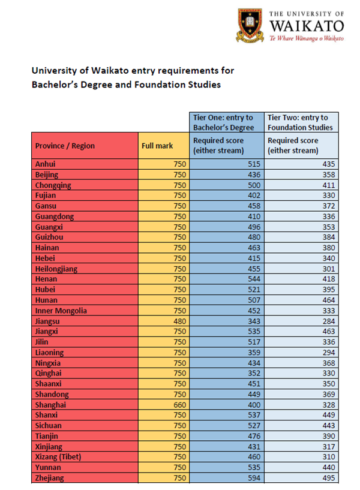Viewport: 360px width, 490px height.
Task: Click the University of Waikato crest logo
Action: click(251, 25)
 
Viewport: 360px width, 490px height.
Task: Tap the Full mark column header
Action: click(157, 146)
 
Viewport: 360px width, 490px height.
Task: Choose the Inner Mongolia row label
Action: click(61, 311)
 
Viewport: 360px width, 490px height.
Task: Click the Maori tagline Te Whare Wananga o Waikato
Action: click(307, 38)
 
